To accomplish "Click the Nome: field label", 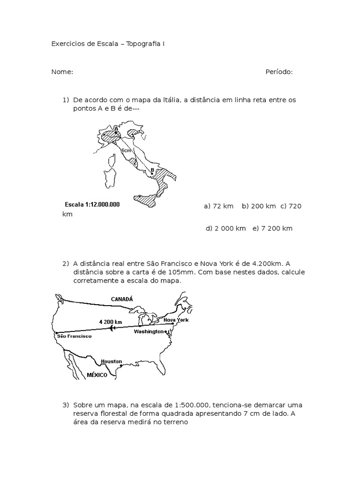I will click(62, 72).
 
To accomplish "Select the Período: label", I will click(279, 72).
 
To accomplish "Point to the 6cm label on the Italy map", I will click(126, 150).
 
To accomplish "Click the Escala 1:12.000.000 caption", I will click(92, 204).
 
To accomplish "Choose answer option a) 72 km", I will click(219, 206).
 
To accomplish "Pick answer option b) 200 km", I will click(259, 206).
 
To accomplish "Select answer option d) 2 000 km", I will click(226, 228).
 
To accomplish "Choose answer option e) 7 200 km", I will click(272, 228).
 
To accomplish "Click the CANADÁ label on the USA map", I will click(122, 299).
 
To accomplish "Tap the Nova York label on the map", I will click(176, 319).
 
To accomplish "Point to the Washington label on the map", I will click(149, 331).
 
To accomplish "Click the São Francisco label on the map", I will click(74, 336).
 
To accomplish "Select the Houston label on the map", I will click(111, 361).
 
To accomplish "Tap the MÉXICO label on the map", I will click(97, 375).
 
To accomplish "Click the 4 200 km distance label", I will click(111, 322).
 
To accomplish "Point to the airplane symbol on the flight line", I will click(112, 328).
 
